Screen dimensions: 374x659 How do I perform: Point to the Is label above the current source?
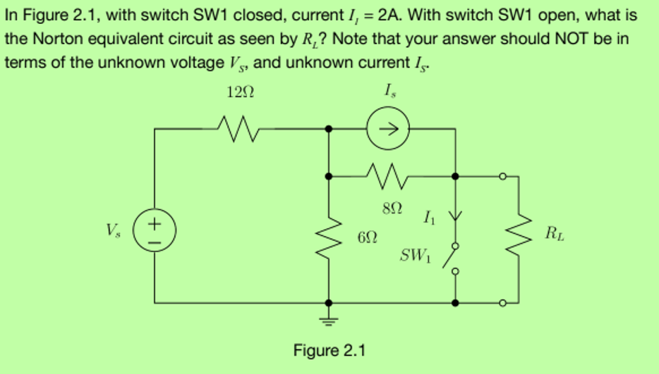coord(389,91)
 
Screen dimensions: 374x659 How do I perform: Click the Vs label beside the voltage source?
coord(113,230)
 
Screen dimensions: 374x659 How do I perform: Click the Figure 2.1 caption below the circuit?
coord(329,350)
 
